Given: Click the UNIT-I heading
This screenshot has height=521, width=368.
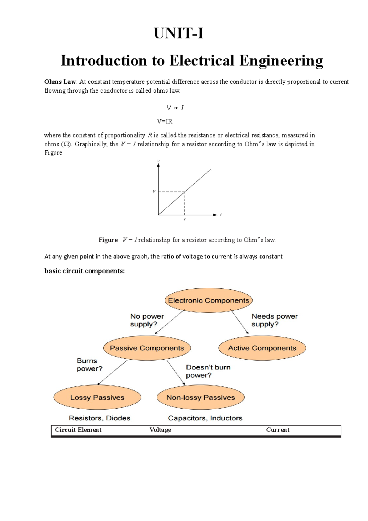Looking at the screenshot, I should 178,33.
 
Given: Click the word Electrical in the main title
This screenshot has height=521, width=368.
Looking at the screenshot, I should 202,60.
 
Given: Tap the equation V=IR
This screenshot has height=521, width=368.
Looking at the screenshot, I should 165,121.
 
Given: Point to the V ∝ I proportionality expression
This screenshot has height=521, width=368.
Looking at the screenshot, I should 175,108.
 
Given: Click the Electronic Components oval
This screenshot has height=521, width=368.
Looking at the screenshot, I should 209,300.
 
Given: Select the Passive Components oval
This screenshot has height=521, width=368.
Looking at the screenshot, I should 147,348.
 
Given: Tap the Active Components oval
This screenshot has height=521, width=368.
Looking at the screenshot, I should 262,348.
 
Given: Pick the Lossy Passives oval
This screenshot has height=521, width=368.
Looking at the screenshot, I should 97,397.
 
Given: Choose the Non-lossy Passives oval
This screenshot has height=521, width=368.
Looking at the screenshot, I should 201,397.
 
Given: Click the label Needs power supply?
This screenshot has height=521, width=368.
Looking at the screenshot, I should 274,320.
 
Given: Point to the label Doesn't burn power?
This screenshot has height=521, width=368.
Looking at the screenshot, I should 208,371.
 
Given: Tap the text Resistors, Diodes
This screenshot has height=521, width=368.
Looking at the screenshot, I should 99,418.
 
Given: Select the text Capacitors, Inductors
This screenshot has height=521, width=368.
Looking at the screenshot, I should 205,418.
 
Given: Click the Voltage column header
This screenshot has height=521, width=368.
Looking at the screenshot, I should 160,430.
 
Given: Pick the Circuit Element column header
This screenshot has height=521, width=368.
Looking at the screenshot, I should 78,430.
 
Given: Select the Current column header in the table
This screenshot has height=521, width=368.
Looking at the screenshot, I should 278,430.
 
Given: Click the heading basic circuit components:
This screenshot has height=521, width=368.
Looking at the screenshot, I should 84,271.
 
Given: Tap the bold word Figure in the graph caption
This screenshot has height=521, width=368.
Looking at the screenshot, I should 108,240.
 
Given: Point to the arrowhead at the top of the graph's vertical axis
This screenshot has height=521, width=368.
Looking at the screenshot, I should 158,165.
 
